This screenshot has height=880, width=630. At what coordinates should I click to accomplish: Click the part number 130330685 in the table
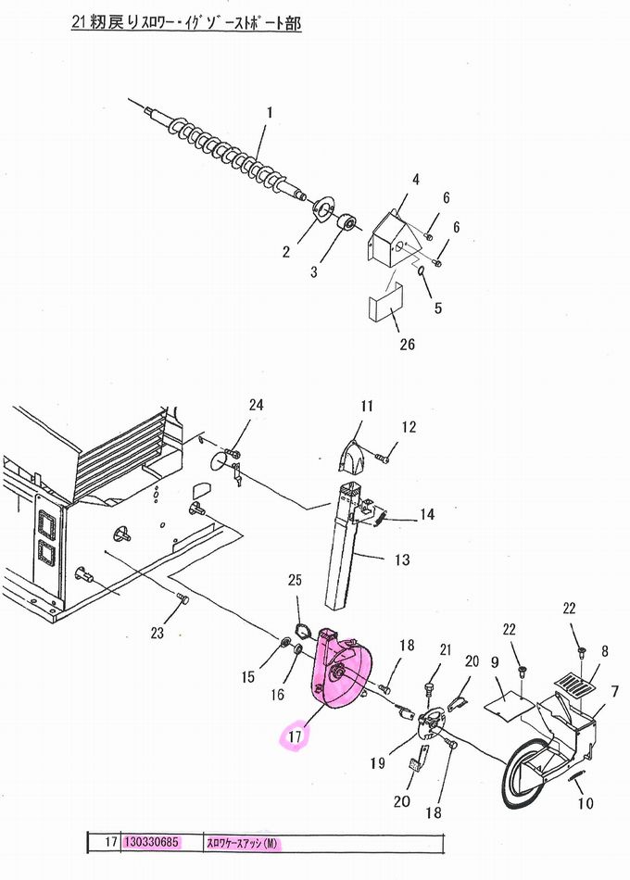click(x=151, y=842)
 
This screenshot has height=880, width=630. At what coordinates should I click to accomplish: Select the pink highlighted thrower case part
click(x=340, y=672)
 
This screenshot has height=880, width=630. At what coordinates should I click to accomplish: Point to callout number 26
click(x=408, y=344)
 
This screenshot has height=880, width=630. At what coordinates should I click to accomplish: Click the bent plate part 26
click(x=386, y=301)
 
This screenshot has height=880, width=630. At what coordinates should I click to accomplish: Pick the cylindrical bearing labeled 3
click(x=347, y=221)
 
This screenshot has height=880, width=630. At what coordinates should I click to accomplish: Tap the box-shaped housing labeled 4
click(x=393, y=238)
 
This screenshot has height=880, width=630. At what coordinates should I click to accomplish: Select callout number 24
click(x=256, y=405)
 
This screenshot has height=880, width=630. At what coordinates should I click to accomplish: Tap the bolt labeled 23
click(x=182, y=598)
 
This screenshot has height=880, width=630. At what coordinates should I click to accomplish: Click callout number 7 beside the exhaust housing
click(x=615, y=691)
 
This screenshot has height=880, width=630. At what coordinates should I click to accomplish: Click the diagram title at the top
click(x=186, y=22)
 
